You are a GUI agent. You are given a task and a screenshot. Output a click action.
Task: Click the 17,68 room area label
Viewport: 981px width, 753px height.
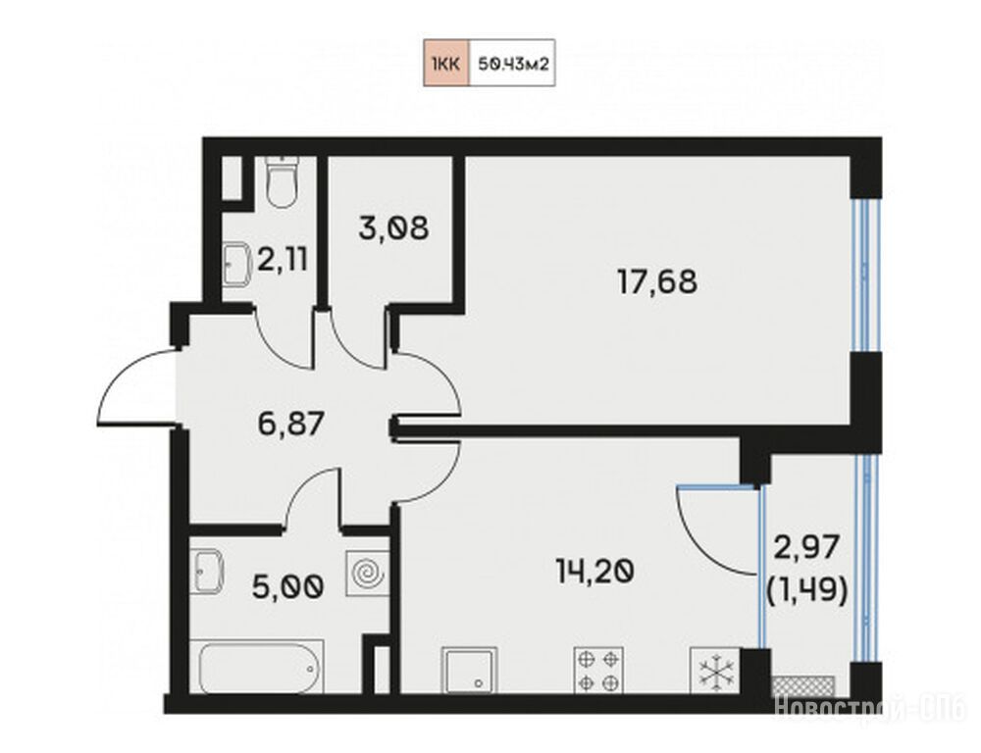[x=657, y=282]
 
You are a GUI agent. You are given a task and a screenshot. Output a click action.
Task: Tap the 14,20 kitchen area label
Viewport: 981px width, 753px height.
[x=595, y=571]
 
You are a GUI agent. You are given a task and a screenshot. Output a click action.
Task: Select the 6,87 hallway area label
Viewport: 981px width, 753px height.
[x=290, y=424]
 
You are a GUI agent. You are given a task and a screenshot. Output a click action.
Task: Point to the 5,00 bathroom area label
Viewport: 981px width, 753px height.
[x=287, y=586]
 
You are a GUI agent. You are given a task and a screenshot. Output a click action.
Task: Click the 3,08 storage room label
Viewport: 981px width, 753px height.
[x=394, y=228]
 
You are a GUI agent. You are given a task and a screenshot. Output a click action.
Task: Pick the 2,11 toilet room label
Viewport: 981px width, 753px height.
[x=283, y=259]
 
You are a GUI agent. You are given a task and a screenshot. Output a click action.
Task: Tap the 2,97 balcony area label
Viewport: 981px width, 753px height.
[x=806, y=548]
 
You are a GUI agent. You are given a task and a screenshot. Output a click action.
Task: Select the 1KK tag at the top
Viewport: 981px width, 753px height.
[x=446, y=63]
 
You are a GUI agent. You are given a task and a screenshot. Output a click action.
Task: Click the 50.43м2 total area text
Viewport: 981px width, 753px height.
[x=513, y=63]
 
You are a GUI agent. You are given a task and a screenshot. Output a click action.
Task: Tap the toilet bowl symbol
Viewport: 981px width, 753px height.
[x=281, y=181]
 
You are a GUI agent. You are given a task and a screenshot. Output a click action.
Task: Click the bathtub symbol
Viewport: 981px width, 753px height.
[x=261, y=666]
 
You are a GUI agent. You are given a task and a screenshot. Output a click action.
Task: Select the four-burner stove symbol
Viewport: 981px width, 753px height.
[x=598, y=670]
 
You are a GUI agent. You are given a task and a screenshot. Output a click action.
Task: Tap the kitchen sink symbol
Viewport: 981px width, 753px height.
[x=470, y=670]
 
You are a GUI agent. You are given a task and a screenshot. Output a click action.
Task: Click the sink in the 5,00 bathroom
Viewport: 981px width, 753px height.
[x=207, y=571]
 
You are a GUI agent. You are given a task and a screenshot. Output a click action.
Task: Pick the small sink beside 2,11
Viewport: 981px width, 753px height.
[x=235, y=264]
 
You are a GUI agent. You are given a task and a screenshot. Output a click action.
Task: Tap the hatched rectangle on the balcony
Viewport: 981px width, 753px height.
[x=804, y=685]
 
